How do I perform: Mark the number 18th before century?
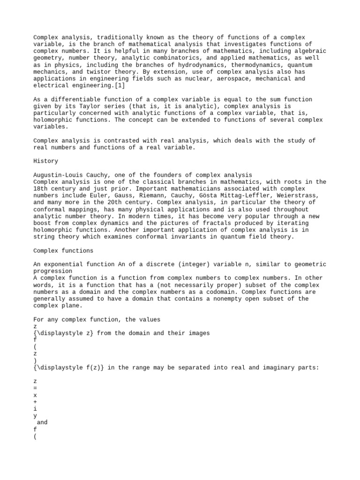(x=41, y=188)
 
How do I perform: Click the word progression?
(x=52, y=271)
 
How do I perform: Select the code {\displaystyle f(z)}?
(x=68, y=368)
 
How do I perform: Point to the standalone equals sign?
(x=36, y=389)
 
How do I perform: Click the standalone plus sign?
(x=36, y=402)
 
